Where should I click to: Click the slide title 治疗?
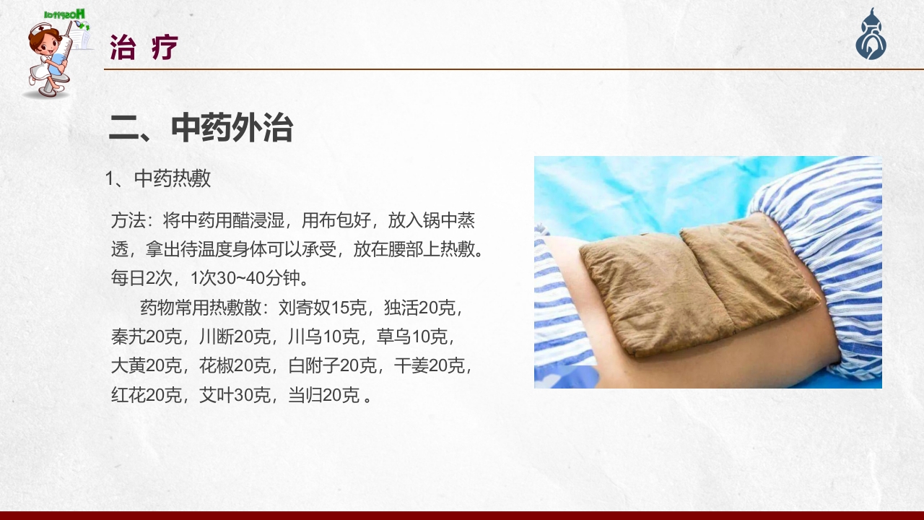[x=144, y=48]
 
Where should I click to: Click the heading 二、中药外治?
[x=201, y=129]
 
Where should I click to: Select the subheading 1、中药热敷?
[x=158, y=178]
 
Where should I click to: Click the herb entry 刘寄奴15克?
[x=323, y=308]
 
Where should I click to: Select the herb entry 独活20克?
[x=419, y=308]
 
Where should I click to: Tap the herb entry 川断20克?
[x=235, y=337]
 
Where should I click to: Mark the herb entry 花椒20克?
[x=235, y=365]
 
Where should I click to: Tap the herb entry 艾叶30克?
[x=235, y=395]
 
